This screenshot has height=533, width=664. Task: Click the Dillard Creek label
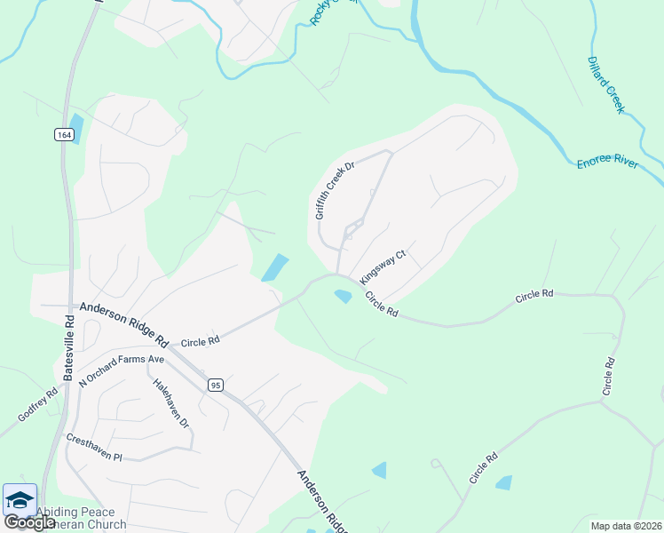(607, 85)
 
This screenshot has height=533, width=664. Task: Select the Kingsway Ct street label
(383, 266)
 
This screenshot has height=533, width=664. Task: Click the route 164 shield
(63, 134)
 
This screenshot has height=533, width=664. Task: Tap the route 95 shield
(216, 385)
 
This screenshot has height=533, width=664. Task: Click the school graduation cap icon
(20, 499)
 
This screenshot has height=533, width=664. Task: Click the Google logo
(30, 522)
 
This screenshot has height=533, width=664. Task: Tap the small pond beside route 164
(75, 129)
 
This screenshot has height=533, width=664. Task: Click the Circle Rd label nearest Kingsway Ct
(381, 306)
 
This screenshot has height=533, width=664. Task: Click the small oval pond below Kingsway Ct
(343, 296)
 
